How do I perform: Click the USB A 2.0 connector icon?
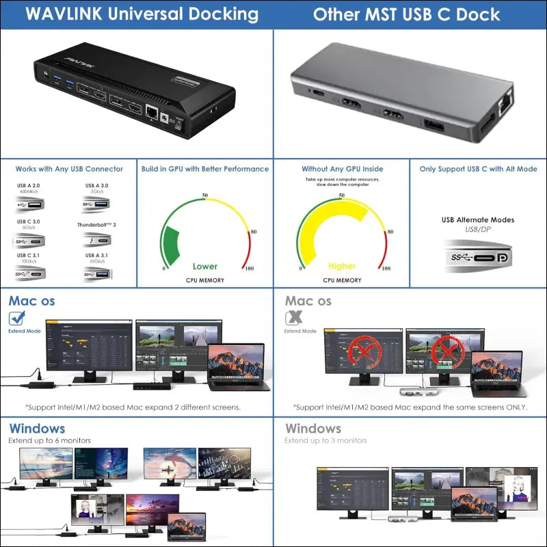tap(30, 206)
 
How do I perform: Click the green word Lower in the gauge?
tap(205, 266)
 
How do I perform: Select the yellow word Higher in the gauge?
tap(342, 266)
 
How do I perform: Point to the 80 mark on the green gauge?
tap(254, 231)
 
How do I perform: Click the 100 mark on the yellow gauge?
tap(386, 268)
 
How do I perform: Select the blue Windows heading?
tap(37, 429)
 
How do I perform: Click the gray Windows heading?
tap(313, 429)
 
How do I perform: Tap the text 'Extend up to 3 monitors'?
tap(325, 441)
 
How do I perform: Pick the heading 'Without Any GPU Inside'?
tap(342, 169)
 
